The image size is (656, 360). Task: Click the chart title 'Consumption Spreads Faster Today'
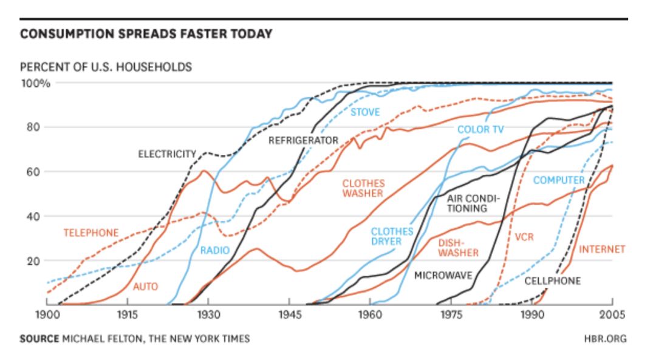(x=146, y=34)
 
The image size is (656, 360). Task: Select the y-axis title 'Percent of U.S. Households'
(x=106, y=67)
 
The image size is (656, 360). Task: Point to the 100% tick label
(x=37, y=83)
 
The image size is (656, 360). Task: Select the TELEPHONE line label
(x=91, y=233)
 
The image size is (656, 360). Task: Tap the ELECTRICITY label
(x=167, y=154)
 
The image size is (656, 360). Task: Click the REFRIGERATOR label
(x=303, y=140)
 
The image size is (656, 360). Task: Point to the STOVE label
(x=365, y=112)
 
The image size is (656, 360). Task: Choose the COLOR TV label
(x=480, y=129)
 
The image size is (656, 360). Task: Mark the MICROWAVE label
(x=443, y=276)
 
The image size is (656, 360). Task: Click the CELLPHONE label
(x=552, y=280)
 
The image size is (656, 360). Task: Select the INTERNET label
(x=601, y=250)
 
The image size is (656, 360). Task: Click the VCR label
(x=524, y=237)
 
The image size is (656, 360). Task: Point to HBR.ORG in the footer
(x=606, y=338)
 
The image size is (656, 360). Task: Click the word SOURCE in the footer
(x=39, y=338)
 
